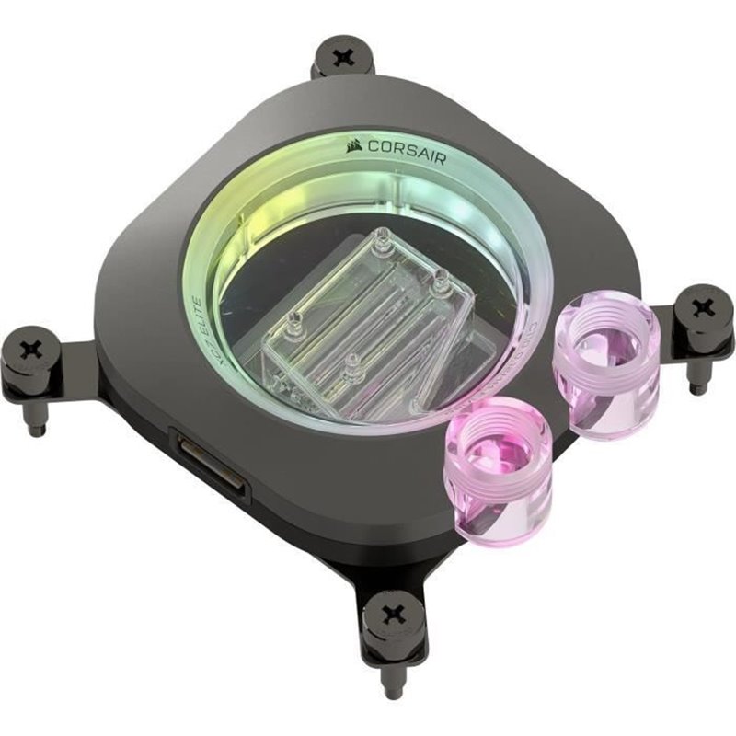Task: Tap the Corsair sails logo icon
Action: (x=353, y=146)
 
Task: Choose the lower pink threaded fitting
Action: (x=497, y=466)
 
